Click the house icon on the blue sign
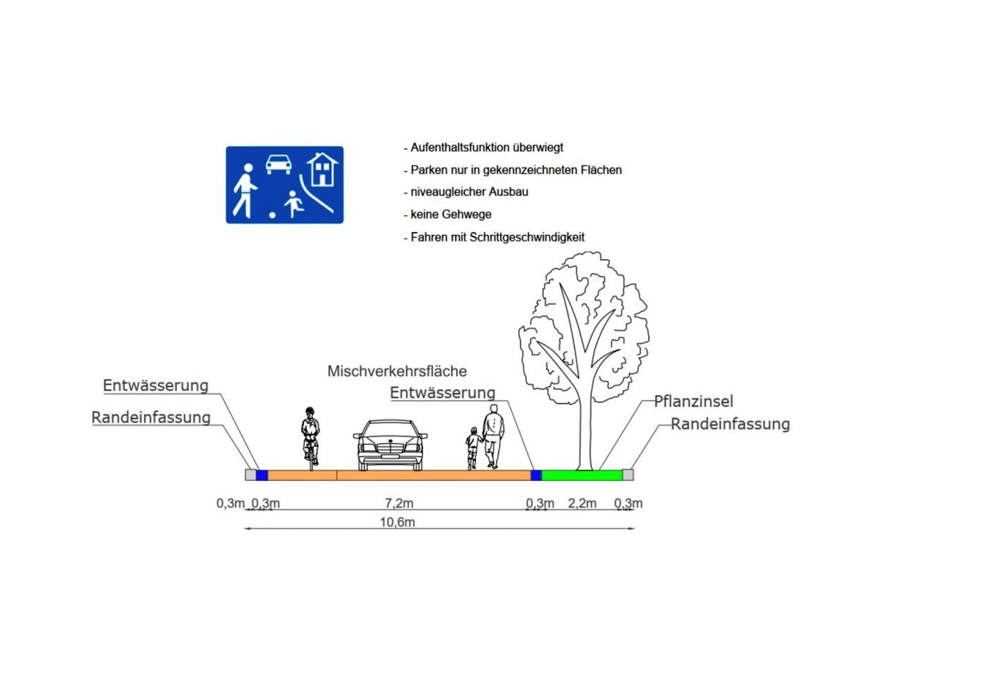pyautogui.click(x=322, y=169)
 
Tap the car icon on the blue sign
pyautogui.click(x=278, y=164)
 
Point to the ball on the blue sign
pyautogui.click(x=272, y=215)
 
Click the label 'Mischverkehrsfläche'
pyautogui.click(x=397, y=371)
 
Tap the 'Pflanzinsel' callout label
pyautogui.click(x=693, y=401)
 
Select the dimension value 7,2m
pyautogui.click(x=399, y=503)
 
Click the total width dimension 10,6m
pyautogui.click(x=397, y=523)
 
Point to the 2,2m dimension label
pyautogui.click(x=582, y=503)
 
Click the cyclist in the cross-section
pyautogui.click(x=311, y=439)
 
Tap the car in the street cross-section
pyautogui.click(x=391, y=446)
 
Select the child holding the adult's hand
pyautogui.click(x=473, y=448)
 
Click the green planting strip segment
pyautogui.click(x=582, y=475)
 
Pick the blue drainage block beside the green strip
pyautogui.click(x=536, y=475)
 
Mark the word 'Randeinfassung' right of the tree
pyautogui.click(x=730, y=424)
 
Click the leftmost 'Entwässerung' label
pyautogui.click(x=156, y=385)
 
